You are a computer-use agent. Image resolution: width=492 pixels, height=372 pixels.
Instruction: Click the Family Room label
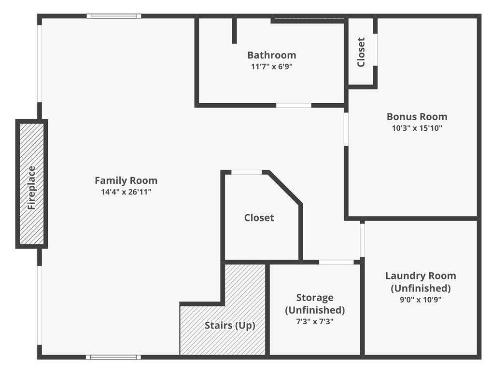[126, 180]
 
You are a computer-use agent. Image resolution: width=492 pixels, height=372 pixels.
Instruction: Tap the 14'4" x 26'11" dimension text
[126, 192]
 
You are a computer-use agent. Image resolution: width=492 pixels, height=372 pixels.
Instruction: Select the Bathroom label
[271, 55]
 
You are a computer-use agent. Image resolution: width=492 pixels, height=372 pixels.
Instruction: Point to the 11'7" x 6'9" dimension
[271, 67]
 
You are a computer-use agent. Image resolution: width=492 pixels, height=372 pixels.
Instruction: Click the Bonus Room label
[417, 116]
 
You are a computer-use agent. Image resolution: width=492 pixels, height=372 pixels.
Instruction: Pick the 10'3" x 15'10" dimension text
[417, 128]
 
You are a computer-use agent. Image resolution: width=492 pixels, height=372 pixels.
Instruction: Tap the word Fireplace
[32, 187]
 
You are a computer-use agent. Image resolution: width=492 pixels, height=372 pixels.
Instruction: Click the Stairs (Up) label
[230, 325]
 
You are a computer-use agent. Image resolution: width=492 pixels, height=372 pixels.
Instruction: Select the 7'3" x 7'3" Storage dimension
[315, 322]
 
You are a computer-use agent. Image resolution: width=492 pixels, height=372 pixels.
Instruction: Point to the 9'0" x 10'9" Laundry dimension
[420, 299]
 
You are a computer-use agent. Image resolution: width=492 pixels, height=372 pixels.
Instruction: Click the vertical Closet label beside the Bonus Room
[361, 52]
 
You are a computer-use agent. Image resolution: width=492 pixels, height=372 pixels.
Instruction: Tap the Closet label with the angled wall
[259, 218]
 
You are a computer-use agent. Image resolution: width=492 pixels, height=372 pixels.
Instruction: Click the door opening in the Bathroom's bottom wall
[294, 105]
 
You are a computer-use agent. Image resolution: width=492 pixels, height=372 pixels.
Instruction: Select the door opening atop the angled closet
[247, 172]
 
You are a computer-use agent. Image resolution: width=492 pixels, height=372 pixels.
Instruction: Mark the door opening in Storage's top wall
[336, 262]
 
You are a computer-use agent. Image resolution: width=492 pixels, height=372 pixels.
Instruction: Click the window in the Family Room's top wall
[114, 16]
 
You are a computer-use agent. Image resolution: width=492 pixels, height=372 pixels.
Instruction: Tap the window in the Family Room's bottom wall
[113, 357]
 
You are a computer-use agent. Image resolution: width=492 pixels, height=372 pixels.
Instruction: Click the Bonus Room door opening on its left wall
[346, 129]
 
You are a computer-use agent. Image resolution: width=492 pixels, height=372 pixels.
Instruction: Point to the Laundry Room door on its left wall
[362, 240]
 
